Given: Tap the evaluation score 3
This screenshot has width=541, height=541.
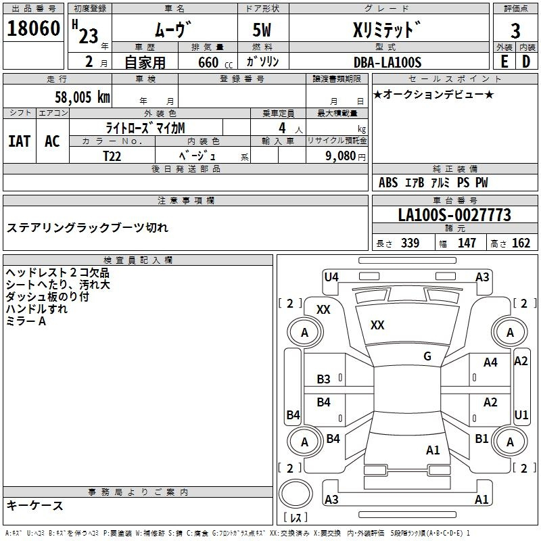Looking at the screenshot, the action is [x=515, y=30].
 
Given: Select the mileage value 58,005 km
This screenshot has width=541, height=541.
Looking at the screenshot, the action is [x=82, y=97].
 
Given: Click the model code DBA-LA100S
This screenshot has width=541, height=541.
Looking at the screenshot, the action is [x=387, y=62].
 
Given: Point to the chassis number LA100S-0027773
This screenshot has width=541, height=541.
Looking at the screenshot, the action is [x=454, y=216].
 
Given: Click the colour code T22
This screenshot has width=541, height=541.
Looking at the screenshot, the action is [x=112, y=156].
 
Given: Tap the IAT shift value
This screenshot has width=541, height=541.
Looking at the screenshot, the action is [x=19, y=141].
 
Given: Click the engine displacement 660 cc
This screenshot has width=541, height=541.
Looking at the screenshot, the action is [x=209, y=62].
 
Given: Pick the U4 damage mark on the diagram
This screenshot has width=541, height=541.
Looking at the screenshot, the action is [x=331, y=277].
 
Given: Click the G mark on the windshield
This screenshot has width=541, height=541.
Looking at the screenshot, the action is [x=427, y=356].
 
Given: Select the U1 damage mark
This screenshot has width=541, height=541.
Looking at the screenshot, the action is [x=521, y=414].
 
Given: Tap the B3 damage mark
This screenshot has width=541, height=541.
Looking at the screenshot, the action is [x=324, y=379].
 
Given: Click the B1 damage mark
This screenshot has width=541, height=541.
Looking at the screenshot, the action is [x=481, y=439].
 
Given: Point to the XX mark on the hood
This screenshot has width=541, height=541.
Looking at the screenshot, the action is [x=377, y=325].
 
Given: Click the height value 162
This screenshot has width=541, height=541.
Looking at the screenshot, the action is [x=521, y=243].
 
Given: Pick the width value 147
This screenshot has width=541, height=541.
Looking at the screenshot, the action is [x=467, y=243].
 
